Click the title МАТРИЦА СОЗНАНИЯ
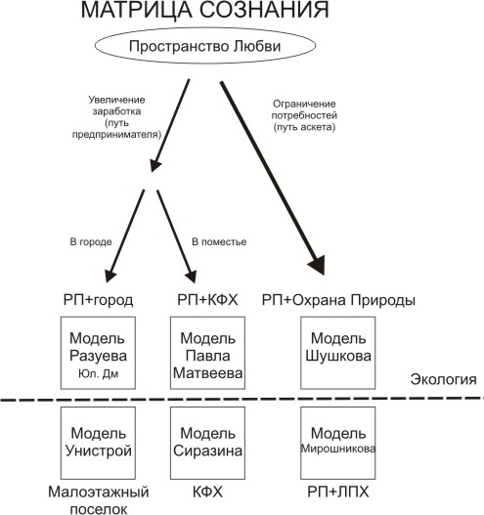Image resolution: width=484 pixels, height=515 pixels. (x=204, y=10)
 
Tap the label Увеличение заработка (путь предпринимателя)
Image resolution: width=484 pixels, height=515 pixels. (x=116, y=117)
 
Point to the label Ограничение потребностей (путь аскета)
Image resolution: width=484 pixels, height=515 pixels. (x=304, y=115)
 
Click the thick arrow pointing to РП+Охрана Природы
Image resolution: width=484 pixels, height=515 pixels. (x=273, y=179)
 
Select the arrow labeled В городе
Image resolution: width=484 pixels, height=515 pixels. (x=124, y=236)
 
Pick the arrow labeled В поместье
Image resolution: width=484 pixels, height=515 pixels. (x=176, y=236)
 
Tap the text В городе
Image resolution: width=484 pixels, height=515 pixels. (x=91, y=242)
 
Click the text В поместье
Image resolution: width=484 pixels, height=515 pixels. (x=219, y=242)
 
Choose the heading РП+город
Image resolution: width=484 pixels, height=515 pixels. (x=98, y=300)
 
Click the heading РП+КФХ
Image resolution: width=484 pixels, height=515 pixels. (x=207, y=300)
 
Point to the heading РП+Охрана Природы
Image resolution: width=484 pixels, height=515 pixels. (x=338, y=300)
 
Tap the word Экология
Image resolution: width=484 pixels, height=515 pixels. (x=443, y=379)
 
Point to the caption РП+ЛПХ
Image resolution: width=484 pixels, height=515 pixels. (x=338, y=492)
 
